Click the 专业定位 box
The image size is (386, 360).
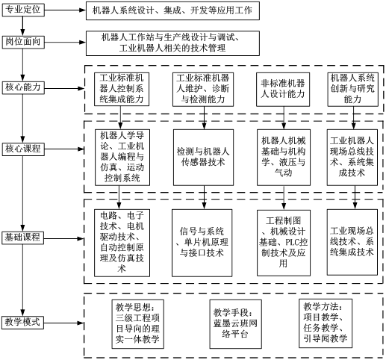[23, 10]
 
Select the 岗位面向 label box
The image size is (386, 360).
[23, 42]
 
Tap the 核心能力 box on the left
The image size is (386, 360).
[23, 87]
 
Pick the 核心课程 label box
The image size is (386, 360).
[23, 149]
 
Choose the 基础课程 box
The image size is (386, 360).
[23, 238]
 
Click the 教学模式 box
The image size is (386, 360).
[23, 323]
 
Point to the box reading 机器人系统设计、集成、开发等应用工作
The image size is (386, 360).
[172, 10]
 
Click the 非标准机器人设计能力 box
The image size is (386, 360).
[283, 90]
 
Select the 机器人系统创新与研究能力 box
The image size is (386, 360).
[352, 90]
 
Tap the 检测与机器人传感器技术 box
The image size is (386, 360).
[203, 158]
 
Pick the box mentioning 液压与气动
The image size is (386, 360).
[284, 158]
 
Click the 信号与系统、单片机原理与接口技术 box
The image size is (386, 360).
[202, 243]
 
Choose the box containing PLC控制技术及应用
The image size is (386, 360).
[284, 243]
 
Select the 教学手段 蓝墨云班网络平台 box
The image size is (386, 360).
[235, 323]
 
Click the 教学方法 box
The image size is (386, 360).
[326, 323]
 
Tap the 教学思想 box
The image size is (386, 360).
[137, 324]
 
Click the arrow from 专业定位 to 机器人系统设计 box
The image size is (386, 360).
[65, 10]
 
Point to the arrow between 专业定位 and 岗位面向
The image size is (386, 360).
[23, 26]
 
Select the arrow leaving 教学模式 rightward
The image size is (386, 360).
[64, 323]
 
